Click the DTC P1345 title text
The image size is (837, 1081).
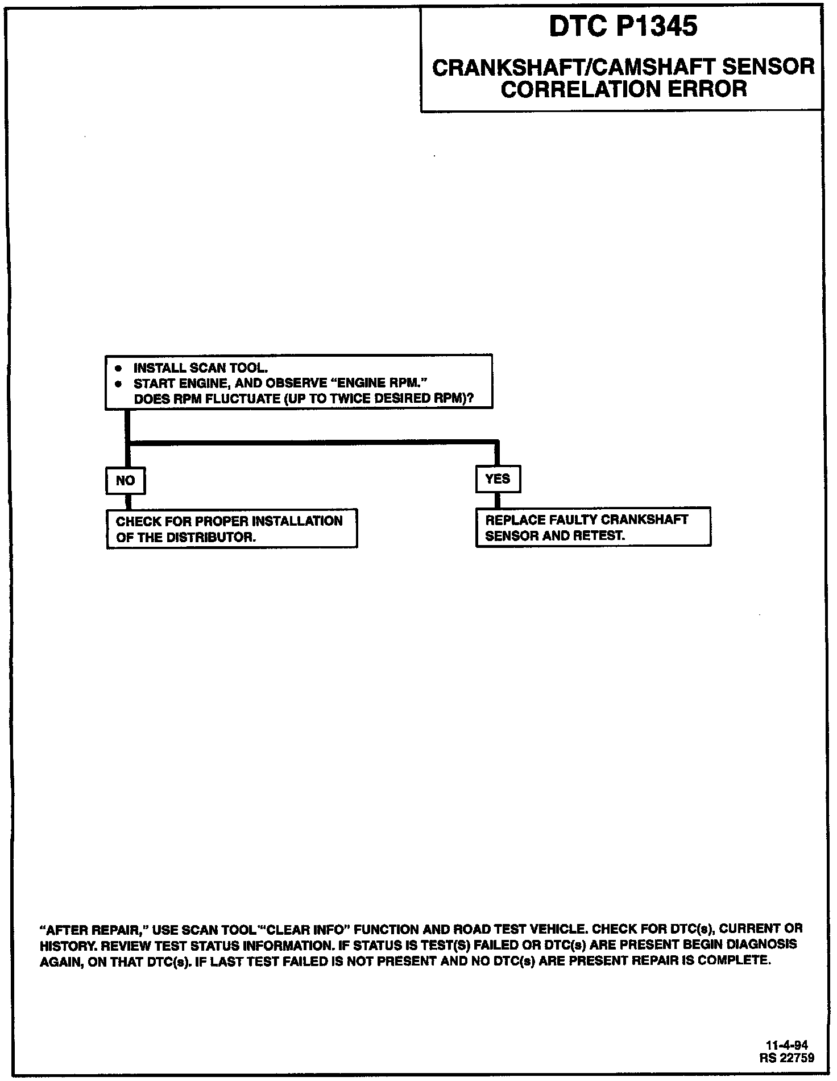[623, 26]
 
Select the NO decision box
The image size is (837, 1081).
[125, 481]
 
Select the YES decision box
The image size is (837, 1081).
[498, 479]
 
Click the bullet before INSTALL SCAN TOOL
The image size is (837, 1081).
[118, 368]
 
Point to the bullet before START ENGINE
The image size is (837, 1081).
[118, 383]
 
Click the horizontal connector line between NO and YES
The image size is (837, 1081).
[313, 442]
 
